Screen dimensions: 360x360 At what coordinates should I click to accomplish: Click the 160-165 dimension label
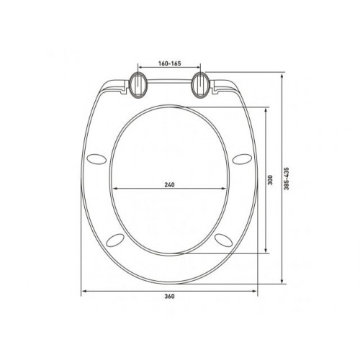[x=169, y=63]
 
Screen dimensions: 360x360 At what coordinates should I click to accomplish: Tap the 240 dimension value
[x=169, y=185]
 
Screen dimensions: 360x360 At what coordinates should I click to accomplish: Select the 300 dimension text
[x=271, y=179]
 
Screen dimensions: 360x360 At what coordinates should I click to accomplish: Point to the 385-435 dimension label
[x=287, y=179]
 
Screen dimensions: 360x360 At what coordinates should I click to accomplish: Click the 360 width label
[x=169, y=296]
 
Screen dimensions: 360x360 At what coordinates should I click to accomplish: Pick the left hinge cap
[x=138, y=85]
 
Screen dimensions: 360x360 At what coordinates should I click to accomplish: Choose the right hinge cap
[x=201, y=85]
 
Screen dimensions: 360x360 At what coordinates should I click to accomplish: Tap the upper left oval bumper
[x=96, y=159]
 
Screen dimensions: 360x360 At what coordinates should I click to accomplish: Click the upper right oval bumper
[x=242, y=159]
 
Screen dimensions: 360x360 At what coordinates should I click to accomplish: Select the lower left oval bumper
[x=115, y=240]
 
